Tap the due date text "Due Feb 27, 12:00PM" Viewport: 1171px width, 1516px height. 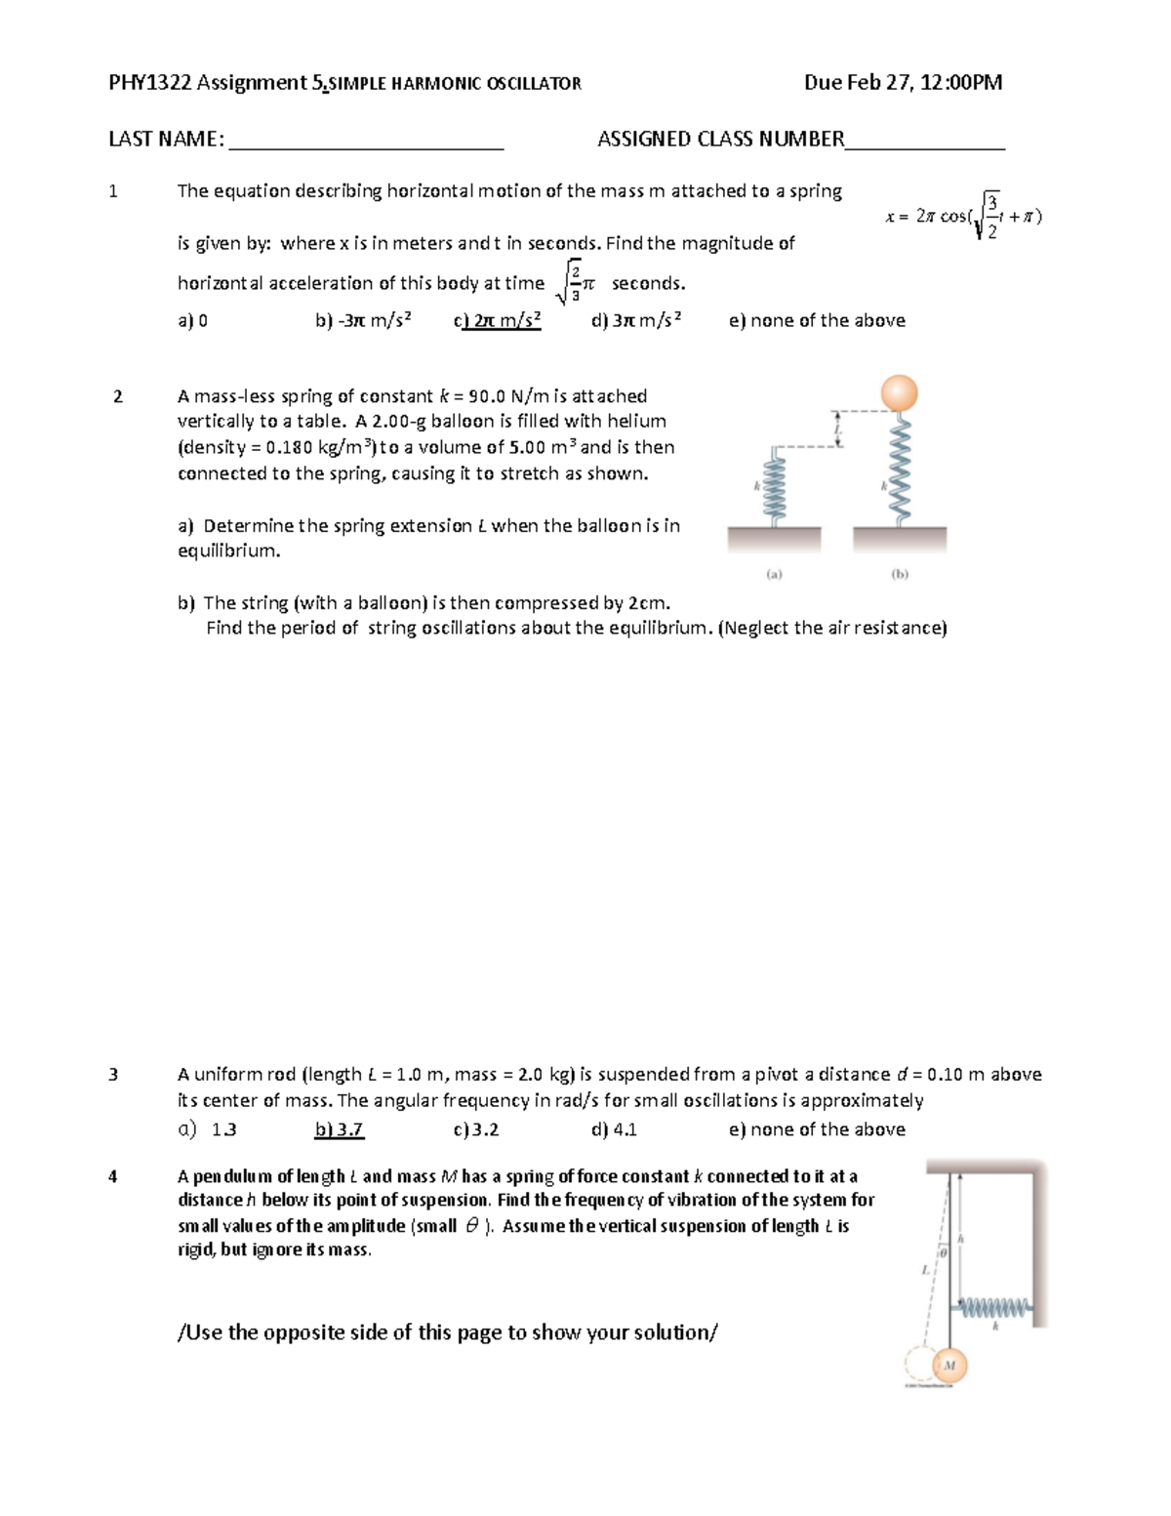pos(903,83)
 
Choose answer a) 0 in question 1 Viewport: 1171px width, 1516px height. pos(192,321)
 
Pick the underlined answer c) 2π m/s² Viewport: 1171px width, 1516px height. pos(497,321)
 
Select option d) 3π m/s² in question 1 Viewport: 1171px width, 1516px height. pos(636,321)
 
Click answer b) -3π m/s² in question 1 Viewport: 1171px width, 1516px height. pos(363,321)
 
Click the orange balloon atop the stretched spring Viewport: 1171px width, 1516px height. pos(899,393)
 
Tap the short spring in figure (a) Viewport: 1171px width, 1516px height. pos(774,486)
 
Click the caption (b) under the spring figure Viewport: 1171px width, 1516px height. pos(899,575)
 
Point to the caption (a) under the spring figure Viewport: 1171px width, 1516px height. pos(774,575)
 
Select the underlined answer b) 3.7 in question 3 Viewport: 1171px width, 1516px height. pos(339,1129)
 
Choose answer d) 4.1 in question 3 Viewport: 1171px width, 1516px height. pos(614,1129)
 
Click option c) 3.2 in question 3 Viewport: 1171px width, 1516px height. pos(476,1129)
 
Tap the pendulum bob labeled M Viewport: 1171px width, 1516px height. pos(949,1365)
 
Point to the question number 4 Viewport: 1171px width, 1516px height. pos(113,1176)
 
